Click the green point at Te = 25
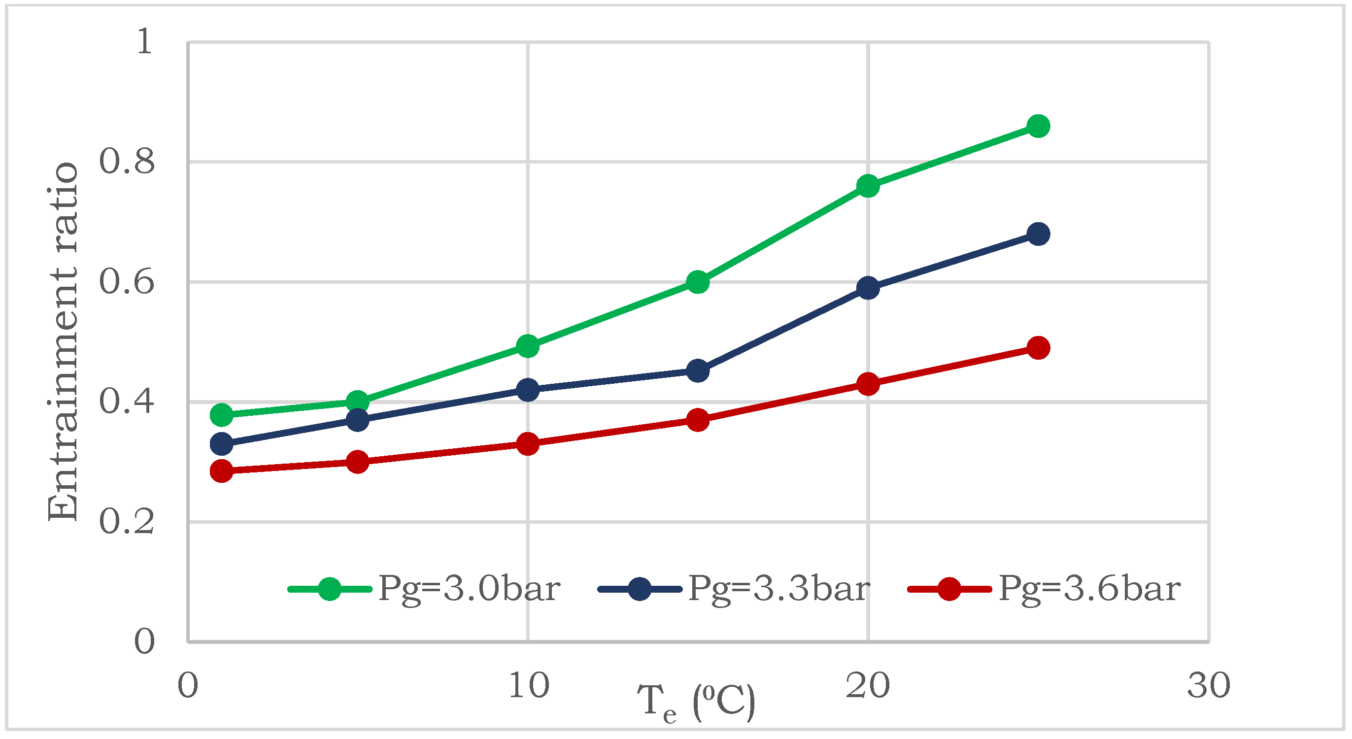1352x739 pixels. point(1038,126)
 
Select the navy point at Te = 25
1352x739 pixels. point(1038,234)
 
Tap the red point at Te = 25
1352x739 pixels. point(1038,347)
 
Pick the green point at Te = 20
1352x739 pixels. point(868,186)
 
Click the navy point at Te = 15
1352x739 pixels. point(698,371)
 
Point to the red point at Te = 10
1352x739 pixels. point(528,443)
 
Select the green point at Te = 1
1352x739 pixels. point(222,415)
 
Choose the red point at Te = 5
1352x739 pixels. point(357,462)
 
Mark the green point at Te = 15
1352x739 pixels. point(698,282)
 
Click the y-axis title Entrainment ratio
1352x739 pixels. point(63,341)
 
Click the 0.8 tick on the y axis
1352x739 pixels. point(127,161)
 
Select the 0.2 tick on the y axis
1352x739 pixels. point(127,522)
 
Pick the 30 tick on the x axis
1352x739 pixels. point(1209,685)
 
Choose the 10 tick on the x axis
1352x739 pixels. point(529,685)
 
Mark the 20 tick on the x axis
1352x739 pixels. point(868,685)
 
